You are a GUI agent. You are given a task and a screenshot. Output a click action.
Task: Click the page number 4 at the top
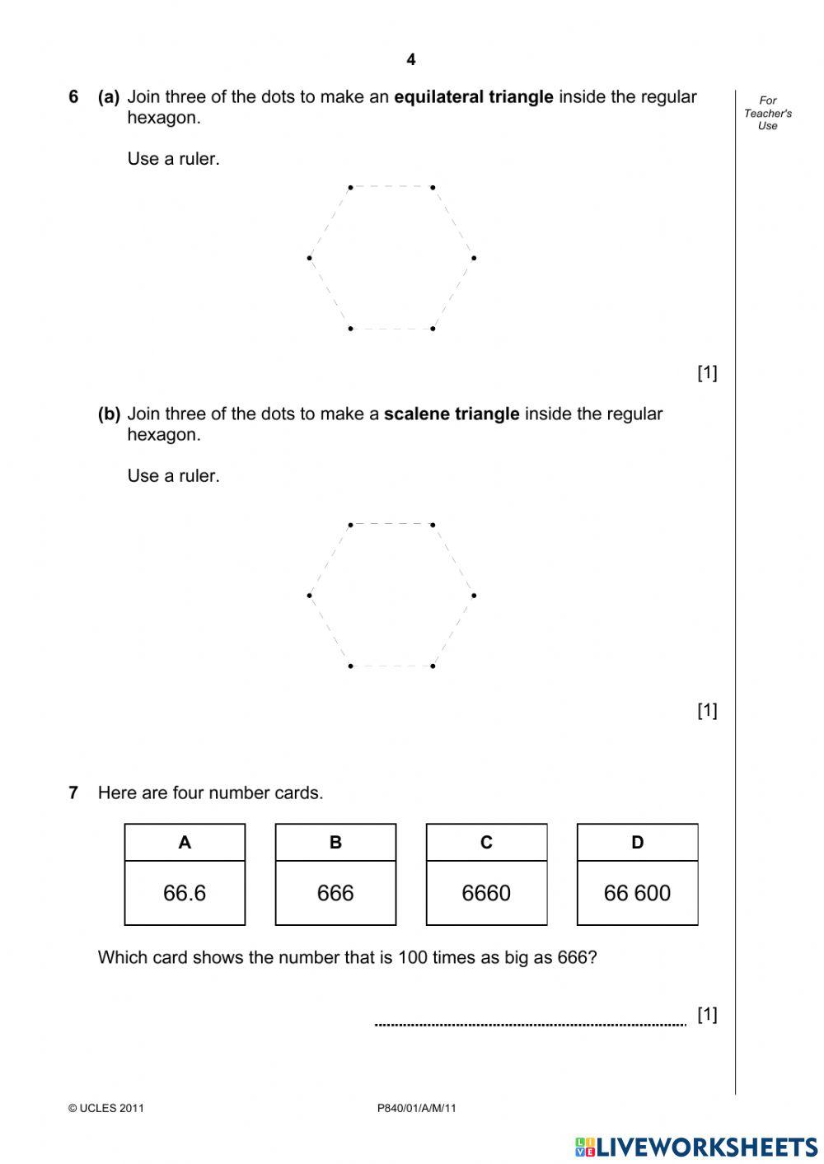(411, 59)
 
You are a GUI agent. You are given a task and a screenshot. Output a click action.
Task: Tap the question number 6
(73, 97)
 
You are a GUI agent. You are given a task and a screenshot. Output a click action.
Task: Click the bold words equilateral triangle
(474, 97)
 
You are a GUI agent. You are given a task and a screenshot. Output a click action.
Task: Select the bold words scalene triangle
(452, 414)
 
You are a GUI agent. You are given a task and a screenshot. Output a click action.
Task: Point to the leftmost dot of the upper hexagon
(309, 258)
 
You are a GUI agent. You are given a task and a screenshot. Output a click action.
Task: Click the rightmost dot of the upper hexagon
(474, 258)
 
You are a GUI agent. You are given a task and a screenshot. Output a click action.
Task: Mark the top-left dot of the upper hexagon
(350, 187)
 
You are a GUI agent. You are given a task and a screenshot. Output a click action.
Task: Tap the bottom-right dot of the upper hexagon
(433, 329)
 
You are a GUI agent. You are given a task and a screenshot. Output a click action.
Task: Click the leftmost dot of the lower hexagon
(309, 595)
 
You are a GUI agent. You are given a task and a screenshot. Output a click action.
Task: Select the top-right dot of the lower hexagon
(433, 524)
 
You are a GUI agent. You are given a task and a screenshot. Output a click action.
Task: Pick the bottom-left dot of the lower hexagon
(350, 666)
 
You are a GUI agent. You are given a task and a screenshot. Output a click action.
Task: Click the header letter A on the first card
(185, 842)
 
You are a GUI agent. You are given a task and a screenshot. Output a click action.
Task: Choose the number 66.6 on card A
(185, 893)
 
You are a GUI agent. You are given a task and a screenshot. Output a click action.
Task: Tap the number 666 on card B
(335, 893)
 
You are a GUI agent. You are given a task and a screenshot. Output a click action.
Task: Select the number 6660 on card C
(486, 893)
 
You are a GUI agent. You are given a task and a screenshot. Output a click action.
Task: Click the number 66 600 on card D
(637, 893)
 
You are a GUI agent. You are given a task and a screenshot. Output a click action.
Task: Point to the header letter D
(637, 842)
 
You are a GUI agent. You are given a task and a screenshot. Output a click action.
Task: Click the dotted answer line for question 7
(530, 1024)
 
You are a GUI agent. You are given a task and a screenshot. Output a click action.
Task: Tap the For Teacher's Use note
(767, 113)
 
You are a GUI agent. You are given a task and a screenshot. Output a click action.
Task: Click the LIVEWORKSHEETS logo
(696, 1146)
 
